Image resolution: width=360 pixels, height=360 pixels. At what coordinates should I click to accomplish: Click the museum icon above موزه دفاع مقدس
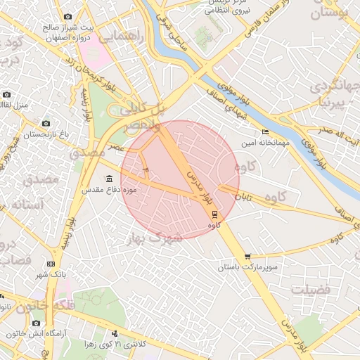click(x=108, y=178)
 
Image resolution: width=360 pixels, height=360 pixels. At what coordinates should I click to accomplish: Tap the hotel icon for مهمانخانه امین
click(x=264, y=131)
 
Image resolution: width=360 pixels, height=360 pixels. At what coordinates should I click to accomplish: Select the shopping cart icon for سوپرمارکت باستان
click(x=247, y=257)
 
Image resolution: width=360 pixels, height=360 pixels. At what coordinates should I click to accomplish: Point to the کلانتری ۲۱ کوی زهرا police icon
click(x=114, y=333)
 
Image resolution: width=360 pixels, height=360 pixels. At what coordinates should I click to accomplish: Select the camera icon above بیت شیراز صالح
click(x=67, y=16)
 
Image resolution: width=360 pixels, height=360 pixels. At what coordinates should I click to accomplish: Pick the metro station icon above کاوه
click(x=214, y=215)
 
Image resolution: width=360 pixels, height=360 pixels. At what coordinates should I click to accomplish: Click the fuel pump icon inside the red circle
click(x=146, y=169)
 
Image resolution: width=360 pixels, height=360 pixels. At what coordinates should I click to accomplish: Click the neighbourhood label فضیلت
click(x=310, y=289)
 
